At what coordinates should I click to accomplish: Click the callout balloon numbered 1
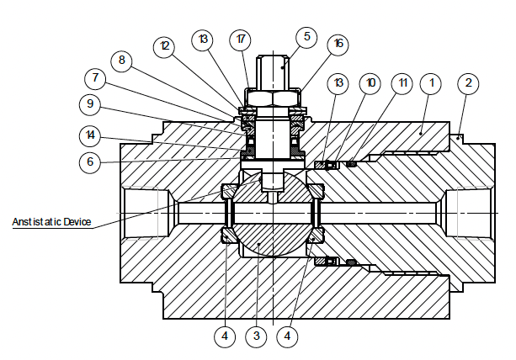point(432,83)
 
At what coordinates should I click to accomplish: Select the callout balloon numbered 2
point(468,83)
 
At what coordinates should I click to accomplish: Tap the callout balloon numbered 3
point(256,336)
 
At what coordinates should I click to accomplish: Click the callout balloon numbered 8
point(124,61)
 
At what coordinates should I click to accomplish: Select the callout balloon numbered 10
point(370,83)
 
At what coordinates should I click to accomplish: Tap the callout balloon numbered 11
point(402,83)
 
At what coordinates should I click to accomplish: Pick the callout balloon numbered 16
point(338,43)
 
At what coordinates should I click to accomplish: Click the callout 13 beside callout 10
point(338,83)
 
